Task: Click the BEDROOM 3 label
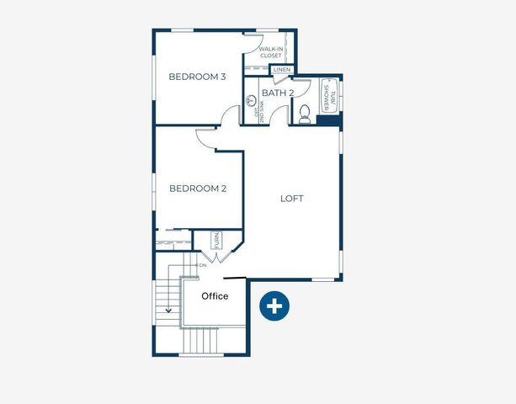pyautogui.click(x=198, y=77)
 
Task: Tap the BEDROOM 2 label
pyautogui.click(x=198, y=189)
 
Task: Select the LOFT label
pyautogui.click(x=291, y=199)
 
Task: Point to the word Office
pyautogui.click(x=215, y=296)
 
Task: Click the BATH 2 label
pyautogui.click(x=277, y=93)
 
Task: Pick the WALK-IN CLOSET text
pyautogui.click(x=270, y=52)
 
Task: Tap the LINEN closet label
pyautogui.click(x=282, y=70)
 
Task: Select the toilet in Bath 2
pyautogui.click(x=304, y=114)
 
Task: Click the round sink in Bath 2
pyautogui.click(x=250, y=101)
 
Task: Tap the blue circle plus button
pyautogui.click(x=274, y=306)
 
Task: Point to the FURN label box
pyautogui.click(x=216, y=240)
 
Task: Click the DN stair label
pyautogui.click(x=202, y=265)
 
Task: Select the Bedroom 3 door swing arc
pyautogui.click(x=231, y=115)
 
